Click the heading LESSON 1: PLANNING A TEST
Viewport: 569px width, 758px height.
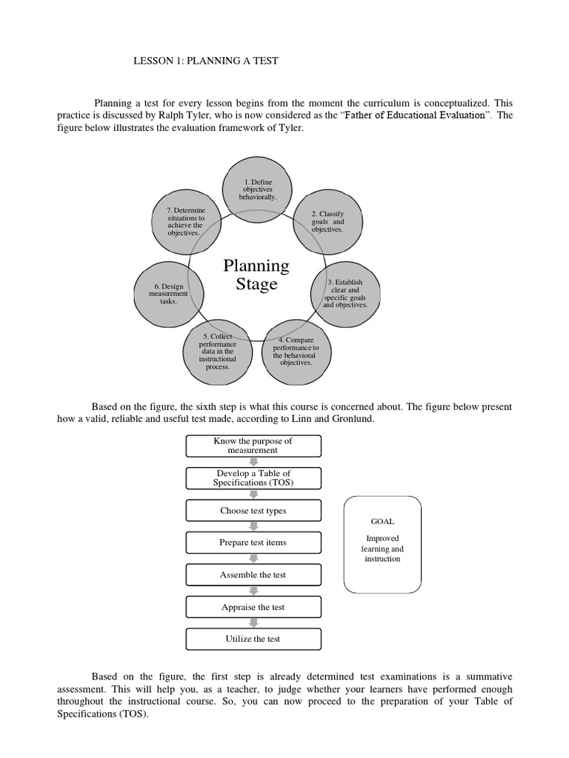point(204,61)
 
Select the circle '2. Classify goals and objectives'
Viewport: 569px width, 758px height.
point(327,222)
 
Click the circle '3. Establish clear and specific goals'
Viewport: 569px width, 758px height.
point(345,293)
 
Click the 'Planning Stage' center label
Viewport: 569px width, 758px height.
point(256,275)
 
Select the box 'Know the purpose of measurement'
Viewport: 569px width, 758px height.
point(253,446)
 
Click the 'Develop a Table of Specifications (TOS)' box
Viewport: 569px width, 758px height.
point(253,478)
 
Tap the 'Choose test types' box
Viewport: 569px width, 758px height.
point(253,511)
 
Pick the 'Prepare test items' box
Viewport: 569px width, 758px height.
point(253,543)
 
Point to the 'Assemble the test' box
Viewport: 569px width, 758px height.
point(253,575)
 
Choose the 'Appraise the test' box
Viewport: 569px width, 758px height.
point(253,607)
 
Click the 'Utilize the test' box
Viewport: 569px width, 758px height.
point(253,639)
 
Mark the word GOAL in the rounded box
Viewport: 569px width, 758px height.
point(383,521)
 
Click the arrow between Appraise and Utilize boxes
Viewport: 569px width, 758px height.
point(253,623)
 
